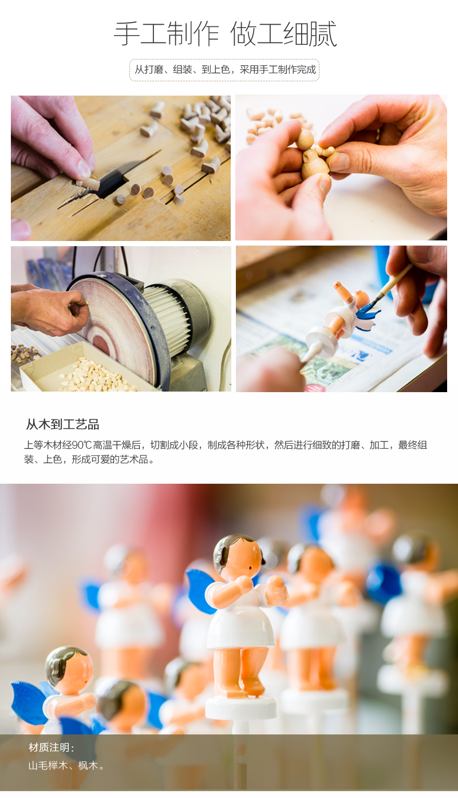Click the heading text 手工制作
point(166,34)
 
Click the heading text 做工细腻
point(283,34)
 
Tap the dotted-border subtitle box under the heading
point(224,70)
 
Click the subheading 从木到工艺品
point(62,424)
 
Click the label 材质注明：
point(52,748)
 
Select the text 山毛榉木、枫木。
point(68,765)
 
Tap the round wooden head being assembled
point(305,139)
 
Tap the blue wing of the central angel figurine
point(200,590)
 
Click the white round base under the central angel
point(240,708)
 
